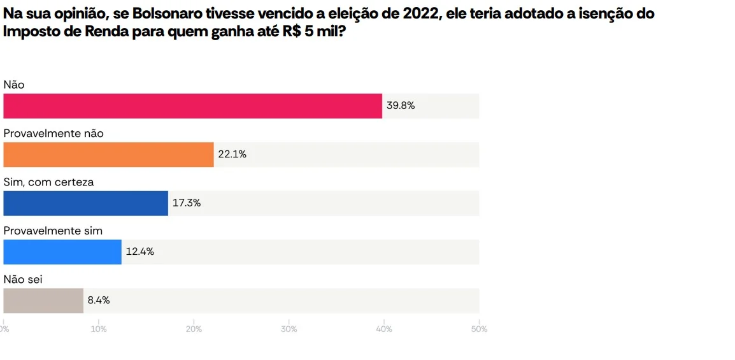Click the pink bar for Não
pos(192,106)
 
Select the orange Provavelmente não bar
pos(108,154)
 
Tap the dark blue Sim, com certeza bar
pos(85,203)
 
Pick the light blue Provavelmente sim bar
pos(62,252)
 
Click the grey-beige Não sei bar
pos(43,300)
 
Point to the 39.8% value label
pos(401,106)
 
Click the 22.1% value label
pos(232,154)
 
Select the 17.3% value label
pos(187,203)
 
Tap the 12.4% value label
pos(139,252)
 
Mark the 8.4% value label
pos(99,300)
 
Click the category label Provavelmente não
pos(54,133)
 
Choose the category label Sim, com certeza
pos(48,182)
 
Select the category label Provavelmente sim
pos(53,231)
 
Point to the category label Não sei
pos(23,279)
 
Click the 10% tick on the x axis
pos(99,329)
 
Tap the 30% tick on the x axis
pos(289,329)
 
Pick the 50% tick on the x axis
pos(479,329)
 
